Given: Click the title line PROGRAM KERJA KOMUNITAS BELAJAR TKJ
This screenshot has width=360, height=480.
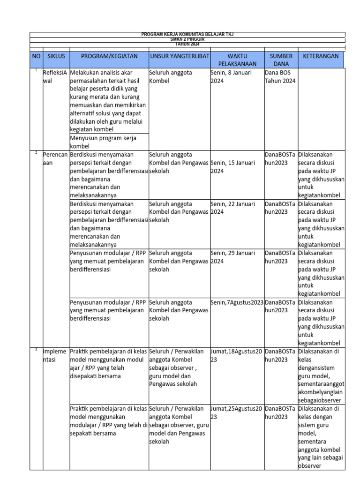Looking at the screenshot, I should pyautogui.click(x=187, y=35).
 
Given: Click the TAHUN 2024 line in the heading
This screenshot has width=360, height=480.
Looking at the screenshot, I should pyautogui.click(x=187, y=44).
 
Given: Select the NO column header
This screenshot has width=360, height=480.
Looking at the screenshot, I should pyautogui.click(x=36, y=56).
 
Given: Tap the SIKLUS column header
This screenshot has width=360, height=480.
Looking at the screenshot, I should pyautogui.click(x=56, y=56).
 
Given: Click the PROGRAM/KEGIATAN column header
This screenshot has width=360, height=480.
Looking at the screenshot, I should pyautogui.click(x=109, y=56).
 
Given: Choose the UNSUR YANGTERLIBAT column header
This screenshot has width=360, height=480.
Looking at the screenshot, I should pyautogui.click(x=179, y=56).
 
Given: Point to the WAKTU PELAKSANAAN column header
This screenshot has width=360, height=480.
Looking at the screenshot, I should pyautogui.click(x=237, y=60).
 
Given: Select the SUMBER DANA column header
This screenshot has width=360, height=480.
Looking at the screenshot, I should pyautogui.click(x=281, y=60).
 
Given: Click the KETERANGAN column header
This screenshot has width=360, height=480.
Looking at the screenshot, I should pyautogui.click(x=321, y=56).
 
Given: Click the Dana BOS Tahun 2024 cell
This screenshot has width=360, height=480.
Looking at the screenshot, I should pyautogui.click(x=280, y=76).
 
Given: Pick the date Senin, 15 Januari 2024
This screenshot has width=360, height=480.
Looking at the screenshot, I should pyautogui.click(x=233, y=167).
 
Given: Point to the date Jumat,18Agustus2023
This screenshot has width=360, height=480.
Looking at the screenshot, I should pyautogui.click(x=237, y=355).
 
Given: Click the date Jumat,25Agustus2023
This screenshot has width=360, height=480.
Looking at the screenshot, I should pyautogui.click(x=237, y=412).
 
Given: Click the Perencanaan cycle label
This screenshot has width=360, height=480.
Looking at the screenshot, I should pyautogui.click(x=56, y=158).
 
